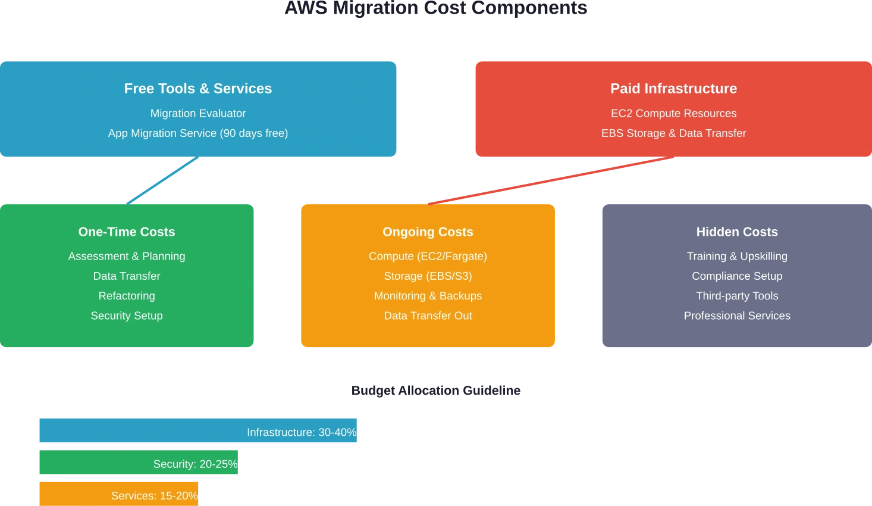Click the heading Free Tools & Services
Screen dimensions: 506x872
(197, 89)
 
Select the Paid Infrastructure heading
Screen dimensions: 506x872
(673, 89)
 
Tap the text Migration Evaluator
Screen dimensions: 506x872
(197, 113)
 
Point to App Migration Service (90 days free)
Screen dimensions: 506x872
(197, 133)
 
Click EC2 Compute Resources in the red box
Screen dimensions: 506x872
(673, 113)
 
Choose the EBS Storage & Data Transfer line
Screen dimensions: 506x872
(673, 133)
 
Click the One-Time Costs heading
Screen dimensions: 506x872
(127, 232)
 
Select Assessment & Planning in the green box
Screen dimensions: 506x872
(127, 256)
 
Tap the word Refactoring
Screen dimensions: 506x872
(127, 296)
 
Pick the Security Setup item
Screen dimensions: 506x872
(127, 316)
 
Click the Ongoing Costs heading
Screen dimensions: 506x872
(428, 232)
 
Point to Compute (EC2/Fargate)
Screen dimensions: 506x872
(428, 256)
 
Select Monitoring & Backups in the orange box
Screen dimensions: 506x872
(428, 296)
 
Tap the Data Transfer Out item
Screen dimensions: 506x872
(428, 316)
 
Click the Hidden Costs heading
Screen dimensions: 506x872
(737, 232)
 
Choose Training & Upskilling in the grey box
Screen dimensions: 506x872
(737, 256)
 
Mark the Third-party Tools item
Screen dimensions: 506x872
(737, 296)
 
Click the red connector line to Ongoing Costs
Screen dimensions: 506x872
(551, 180)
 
